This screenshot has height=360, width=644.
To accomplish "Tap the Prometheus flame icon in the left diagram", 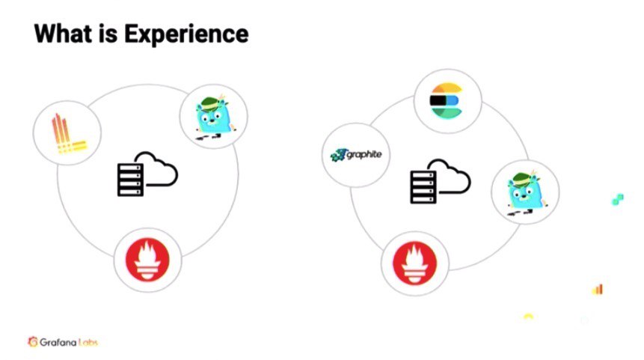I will pyautogui.click(x=147, y=262).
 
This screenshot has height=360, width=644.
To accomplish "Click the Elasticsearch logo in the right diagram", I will pyautogui.click(x=447, y=100).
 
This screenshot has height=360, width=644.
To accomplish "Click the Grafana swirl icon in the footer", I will pyautogui.click(x=33, y=342).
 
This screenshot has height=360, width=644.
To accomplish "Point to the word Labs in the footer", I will pyautogui.click(x=87, y=342).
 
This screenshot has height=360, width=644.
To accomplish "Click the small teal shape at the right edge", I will pyautogui.click(x=617, y=199).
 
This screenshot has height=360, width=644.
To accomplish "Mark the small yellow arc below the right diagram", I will pyautogui.click(x=528, y=317).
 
